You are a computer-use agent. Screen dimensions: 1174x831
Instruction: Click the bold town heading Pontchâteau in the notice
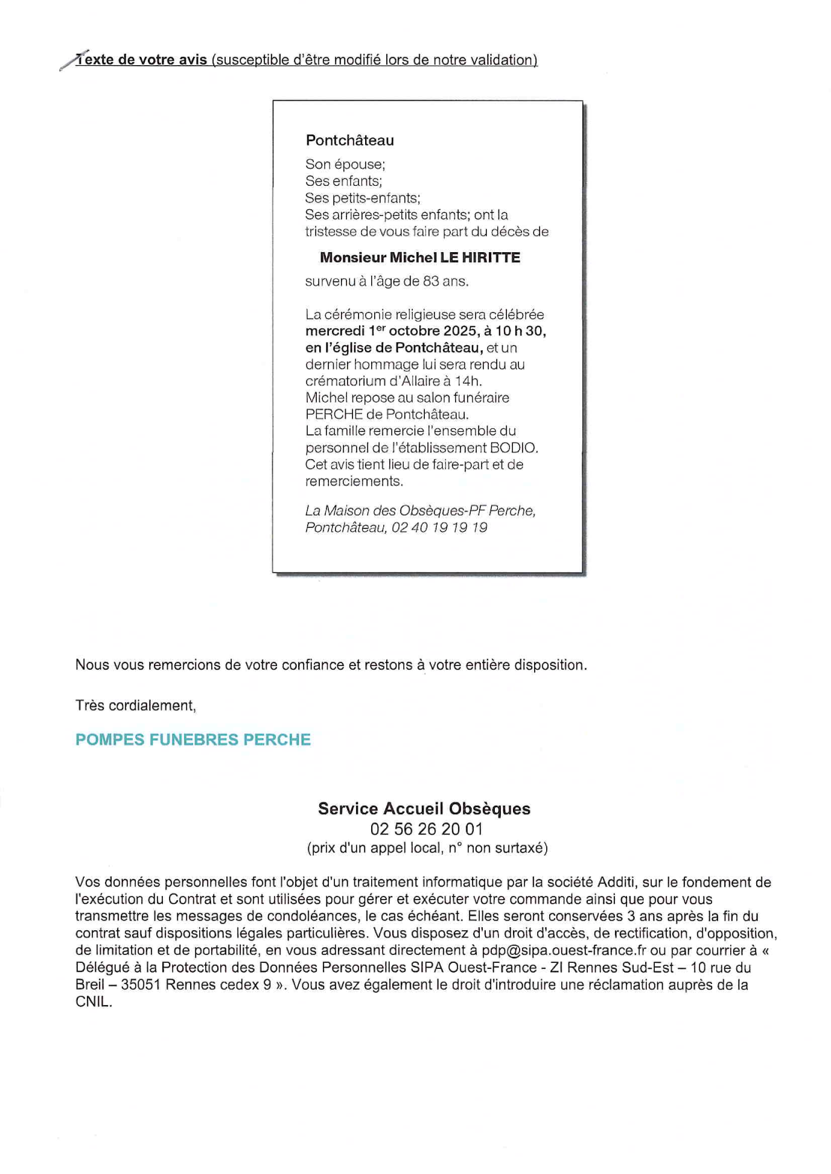(349, 141)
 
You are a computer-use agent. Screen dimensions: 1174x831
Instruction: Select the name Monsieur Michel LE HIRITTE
(419, 258)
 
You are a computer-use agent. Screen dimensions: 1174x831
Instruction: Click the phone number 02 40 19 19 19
(439, 527)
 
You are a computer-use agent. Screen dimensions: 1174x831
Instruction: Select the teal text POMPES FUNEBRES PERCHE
(193, 740)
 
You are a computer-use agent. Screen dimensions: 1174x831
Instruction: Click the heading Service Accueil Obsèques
(424, 808)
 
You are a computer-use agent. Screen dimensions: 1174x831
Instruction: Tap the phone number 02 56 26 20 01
(426, 829)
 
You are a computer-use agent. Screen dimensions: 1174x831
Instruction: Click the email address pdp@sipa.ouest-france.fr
(564, 950)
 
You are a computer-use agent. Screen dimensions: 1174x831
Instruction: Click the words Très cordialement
(135, 705)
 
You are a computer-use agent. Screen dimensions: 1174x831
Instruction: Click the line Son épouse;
(345, 164)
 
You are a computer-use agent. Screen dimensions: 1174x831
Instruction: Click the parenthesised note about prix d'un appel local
(427, 848)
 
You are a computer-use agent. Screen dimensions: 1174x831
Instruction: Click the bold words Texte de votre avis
(142, 60)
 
